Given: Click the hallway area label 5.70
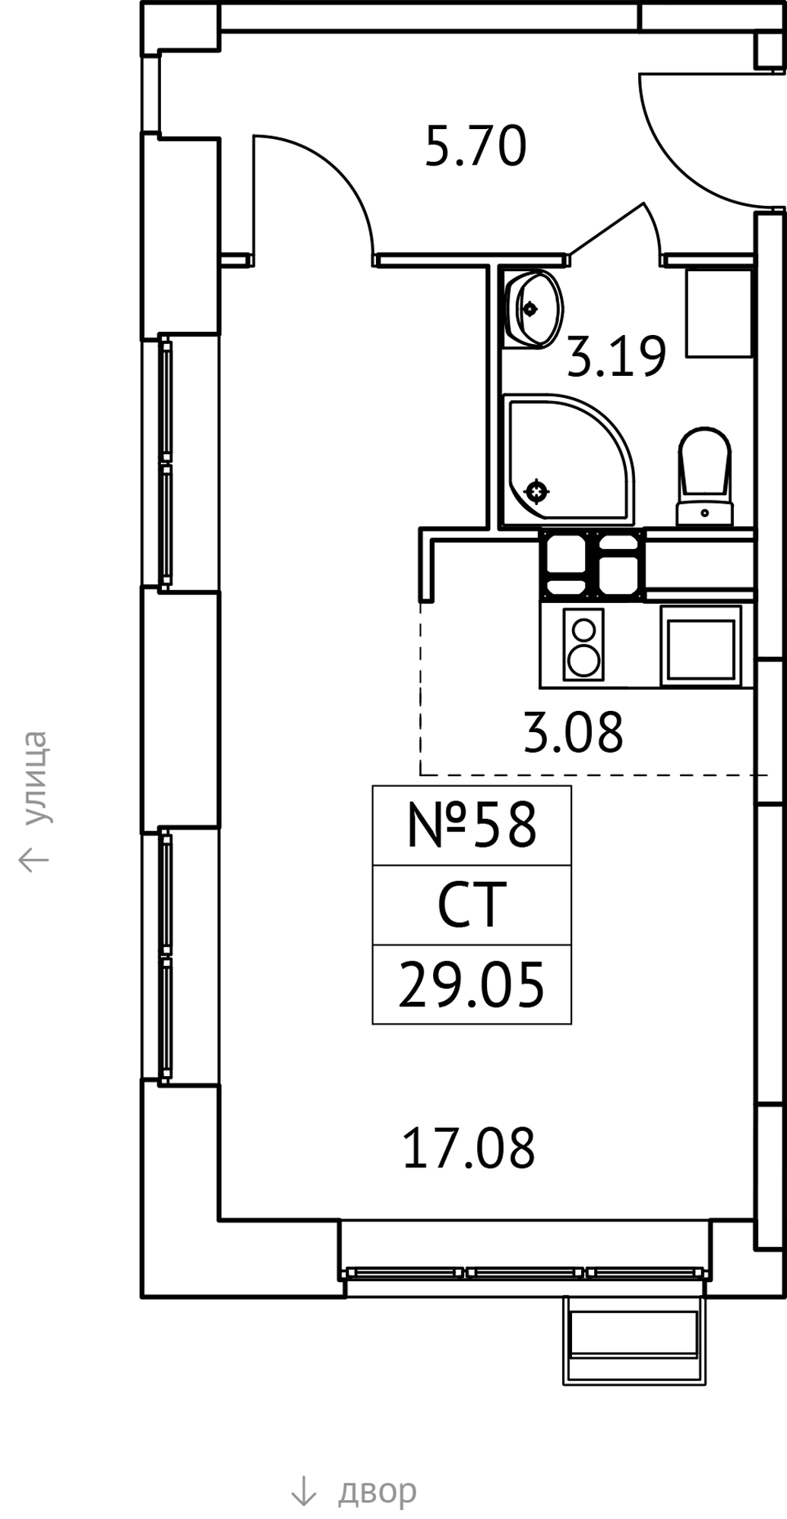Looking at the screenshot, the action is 476,147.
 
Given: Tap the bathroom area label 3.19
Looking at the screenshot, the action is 617,356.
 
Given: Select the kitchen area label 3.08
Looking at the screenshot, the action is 574,732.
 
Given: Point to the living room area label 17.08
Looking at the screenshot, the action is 469,1148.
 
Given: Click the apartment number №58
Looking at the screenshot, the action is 472,826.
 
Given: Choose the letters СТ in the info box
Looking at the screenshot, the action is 472,905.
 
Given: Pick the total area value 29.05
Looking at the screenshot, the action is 472,985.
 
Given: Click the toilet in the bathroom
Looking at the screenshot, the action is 705,477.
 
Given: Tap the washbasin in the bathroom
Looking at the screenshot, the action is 533,308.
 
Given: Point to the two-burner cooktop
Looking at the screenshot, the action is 583,644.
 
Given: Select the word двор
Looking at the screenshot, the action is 378,1491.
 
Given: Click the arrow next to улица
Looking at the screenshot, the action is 34,859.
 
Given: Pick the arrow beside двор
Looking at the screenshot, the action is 304,1491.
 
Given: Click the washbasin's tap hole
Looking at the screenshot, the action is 529,308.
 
